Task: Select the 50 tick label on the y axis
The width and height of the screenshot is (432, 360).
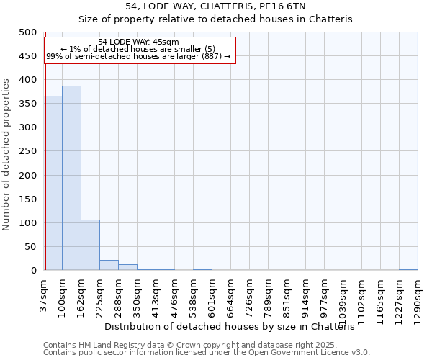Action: click(x=30, y=247)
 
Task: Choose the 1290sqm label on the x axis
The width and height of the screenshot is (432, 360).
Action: click(x=418, y=298)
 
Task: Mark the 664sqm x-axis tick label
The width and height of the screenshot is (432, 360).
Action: click(x=231, y=295)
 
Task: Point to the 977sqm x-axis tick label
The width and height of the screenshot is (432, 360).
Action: click(x=324, y=295)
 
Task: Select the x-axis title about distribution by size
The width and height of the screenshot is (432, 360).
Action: click(x=235, y=327)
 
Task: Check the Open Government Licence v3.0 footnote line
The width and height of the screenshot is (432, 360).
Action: click(x=207, y=353)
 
